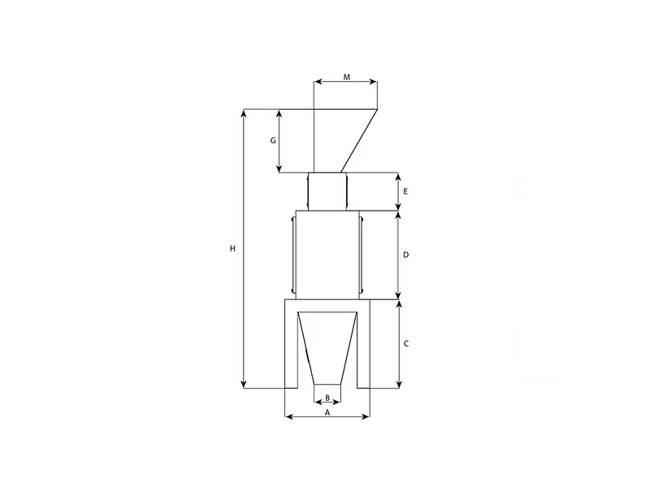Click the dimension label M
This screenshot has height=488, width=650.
(x=347, y=76)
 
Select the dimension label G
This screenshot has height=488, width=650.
(x=273, y=141)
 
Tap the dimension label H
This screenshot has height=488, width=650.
(x=232, y=249)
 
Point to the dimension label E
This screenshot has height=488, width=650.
(x=405, y=191)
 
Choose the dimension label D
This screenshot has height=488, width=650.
(x=405, y=255)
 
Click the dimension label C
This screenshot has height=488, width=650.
(x=406, y=343)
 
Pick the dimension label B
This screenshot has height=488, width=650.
(x=327, y=398)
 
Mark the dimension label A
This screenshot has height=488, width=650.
(x=327, y=412)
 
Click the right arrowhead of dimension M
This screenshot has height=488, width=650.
(x=374, y=82)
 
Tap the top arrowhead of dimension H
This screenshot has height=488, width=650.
(x=245, y=113)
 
